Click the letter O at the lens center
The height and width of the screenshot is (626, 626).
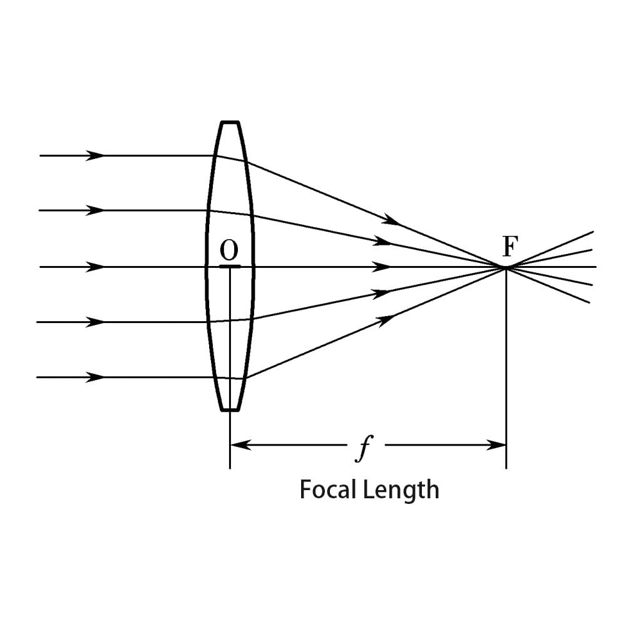point(229,251)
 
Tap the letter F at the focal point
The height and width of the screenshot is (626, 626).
point(511,248)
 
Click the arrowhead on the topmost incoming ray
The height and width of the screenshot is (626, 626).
point(96,155)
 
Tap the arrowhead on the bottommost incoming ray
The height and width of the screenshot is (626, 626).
point(96,377)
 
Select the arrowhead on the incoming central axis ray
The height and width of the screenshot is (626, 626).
point(96,267)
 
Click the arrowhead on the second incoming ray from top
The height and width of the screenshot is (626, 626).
point(96,210)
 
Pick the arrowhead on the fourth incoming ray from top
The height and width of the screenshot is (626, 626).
point(96,322)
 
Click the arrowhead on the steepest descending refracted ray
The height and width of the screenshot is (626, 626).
point(392,220)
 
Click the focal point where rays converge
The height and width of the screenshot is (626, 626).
point(506,268)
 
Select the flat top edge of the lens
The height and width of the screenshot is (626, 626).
point(230,122)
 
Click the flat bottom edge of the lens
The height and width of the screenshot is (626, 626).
point(230,410)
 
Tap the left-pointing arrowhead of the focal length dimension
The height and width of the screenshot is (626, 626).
point(241,445)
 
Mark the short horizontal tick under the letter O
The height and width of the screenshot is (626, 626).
point(230,267)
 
